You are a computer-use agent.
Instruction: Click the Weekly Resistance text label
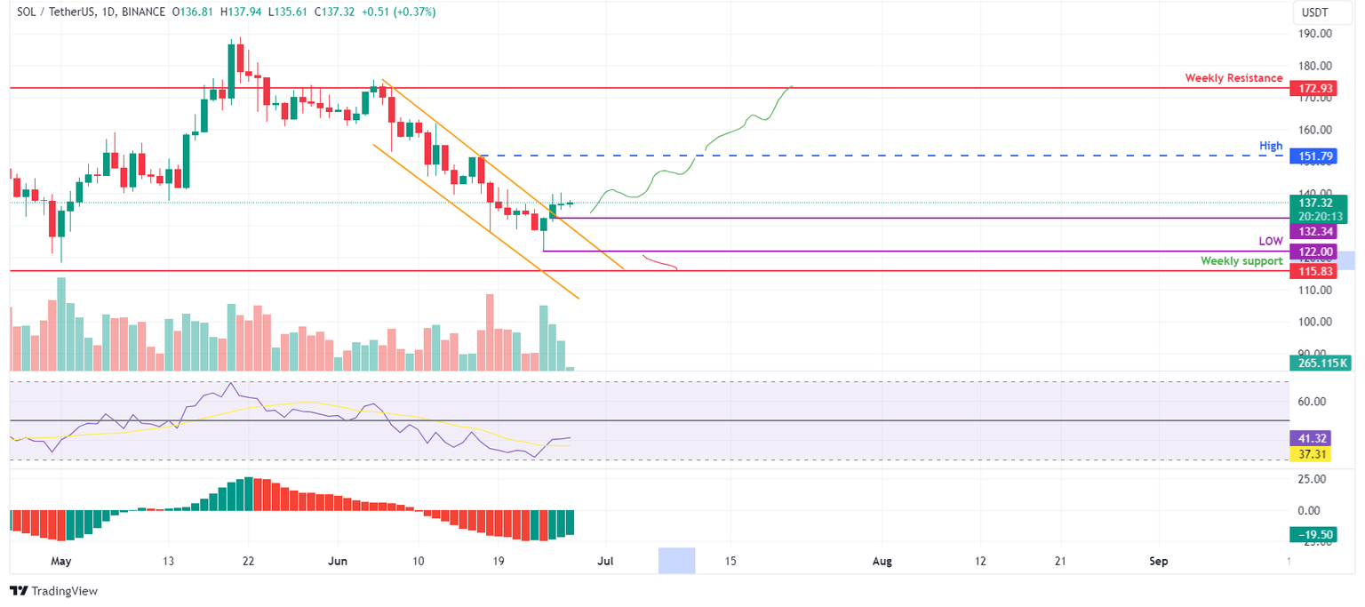(x=1233, y=78)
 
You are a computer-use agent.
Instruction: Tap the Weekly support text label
(x=1241, y=261)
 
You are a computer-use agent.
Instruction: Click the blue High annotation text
(x=1270, y=145)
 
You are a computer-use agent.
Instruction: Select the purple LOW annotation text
(x=1270, y=241)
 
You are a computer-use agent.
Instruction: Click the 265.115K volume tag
(x=1320, y=363)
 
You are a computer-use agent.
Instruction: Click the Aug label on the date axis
(x=882, y=562)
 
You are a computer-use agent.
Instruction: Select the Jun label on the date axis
(x=338, y=562)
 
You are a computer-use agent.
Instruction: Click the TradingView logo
(x=53, y=591)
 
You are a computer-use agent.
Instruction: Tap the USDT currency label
(x=1314, y=12)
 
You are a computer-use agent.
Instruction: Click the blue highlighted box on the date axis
(x=676, y=561)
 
